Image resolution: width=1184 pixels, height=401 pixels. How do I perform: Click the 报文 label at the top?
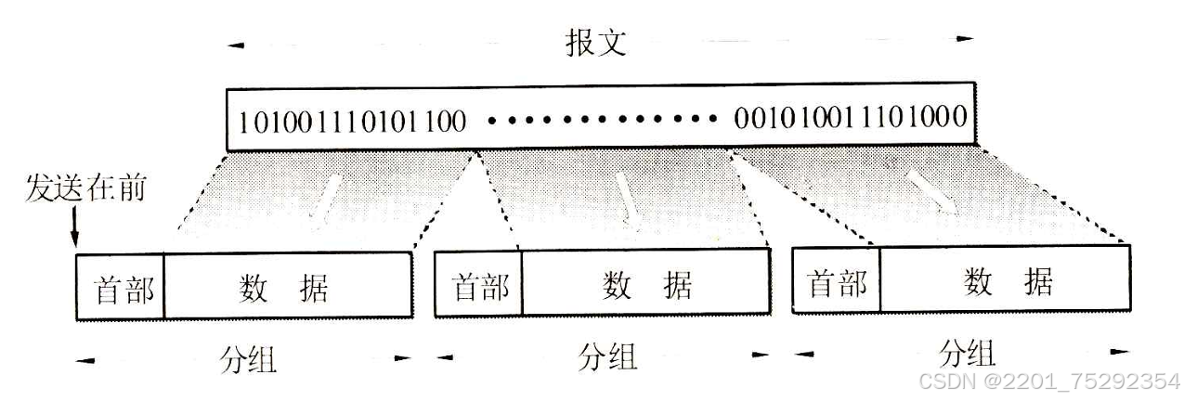point(596,44)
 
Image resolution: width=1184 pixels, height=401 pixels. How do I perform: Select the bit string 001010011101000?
point(851,120)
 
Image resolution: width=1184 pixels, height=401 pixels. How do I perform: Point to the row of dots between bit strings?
point(599,121)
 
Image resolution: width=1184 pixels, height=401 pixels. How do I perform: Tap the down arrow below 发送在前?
point(74,227)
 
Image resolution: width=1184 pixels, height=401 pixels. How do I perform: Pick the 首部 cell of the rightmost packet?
point(837,281)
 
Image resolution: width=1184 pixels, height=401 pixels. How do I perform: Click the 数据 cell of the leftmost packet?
point(288,288)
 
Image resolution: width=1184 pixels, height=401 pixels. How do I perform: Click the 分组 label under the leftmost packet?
point(250,359)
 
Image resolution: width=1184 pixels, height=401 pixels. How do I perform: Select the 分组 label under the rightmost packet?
point(966,354)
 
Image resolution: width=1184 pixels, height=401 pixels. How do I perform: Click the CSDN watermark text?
point(1047,382)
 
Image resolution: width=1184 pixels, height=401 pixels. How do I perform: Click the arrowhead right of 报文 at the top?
point(966,39)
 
